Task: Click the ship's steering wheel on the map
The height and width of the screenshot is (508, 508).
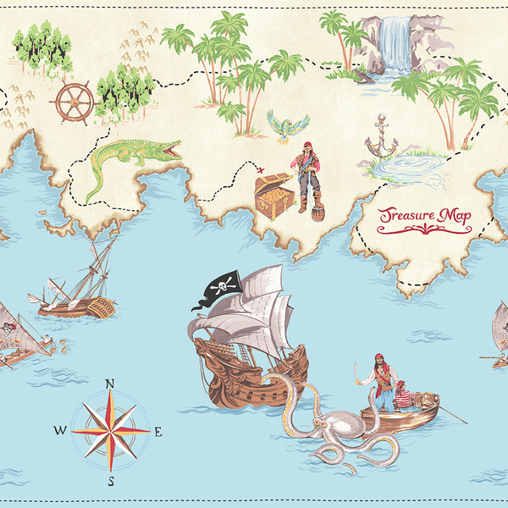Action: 74,102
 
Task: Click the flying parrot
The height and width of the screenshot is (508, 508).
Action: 288,124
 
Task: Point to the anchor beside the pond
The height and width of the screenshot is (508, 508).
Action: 380,140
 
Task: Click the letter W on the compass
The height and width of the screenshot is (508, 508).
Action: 60,430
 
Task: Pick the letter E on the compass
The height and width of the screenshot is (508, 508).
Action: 157,431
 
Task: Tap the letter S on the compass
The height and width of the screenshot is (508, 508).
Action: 110,481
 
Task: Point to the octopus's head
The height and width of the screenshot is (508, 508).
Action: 340,424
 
